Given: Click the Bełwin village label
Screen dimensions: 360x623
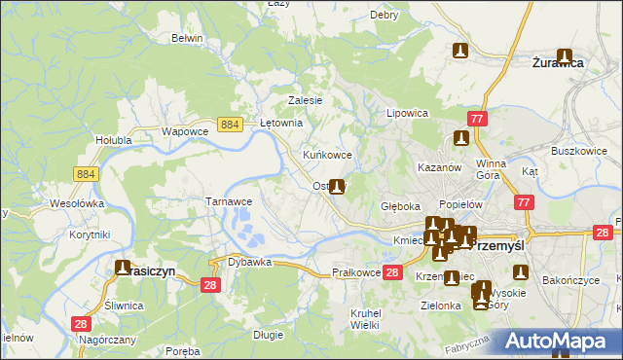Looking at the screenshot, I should coord(186,38).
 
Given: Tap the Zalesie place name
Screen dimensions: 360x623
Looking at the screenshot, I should coord(305,100).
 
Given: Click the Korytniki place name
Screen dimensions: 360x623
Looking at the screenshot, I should coord(89,234).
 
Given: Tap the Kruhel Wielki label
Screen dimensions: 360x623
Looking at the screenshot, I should coord(364,318).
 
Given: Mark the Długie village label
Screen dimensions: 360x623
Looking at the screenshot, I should coord(268,335).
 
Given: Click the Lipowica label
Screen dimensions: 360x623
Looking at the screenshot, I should coord(408,113).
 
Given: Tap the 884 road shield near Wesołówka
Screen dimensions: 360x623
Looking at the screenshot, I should coord(85,173).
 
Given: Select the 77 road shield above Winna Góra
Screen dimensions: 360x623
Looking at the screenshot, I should coord(477,119).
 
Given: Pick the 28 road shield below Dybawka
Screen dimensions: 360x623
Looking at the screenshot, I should coord(209,284).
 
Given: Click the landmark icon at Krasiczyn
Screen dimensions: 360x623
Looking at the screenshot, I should coord(124,267).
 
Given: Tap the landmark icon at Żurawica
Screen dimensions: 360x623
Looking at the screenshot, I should coord(564,57).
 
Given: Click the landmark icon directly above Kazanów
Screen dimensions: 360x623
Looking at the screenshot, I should coord(460,139).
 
